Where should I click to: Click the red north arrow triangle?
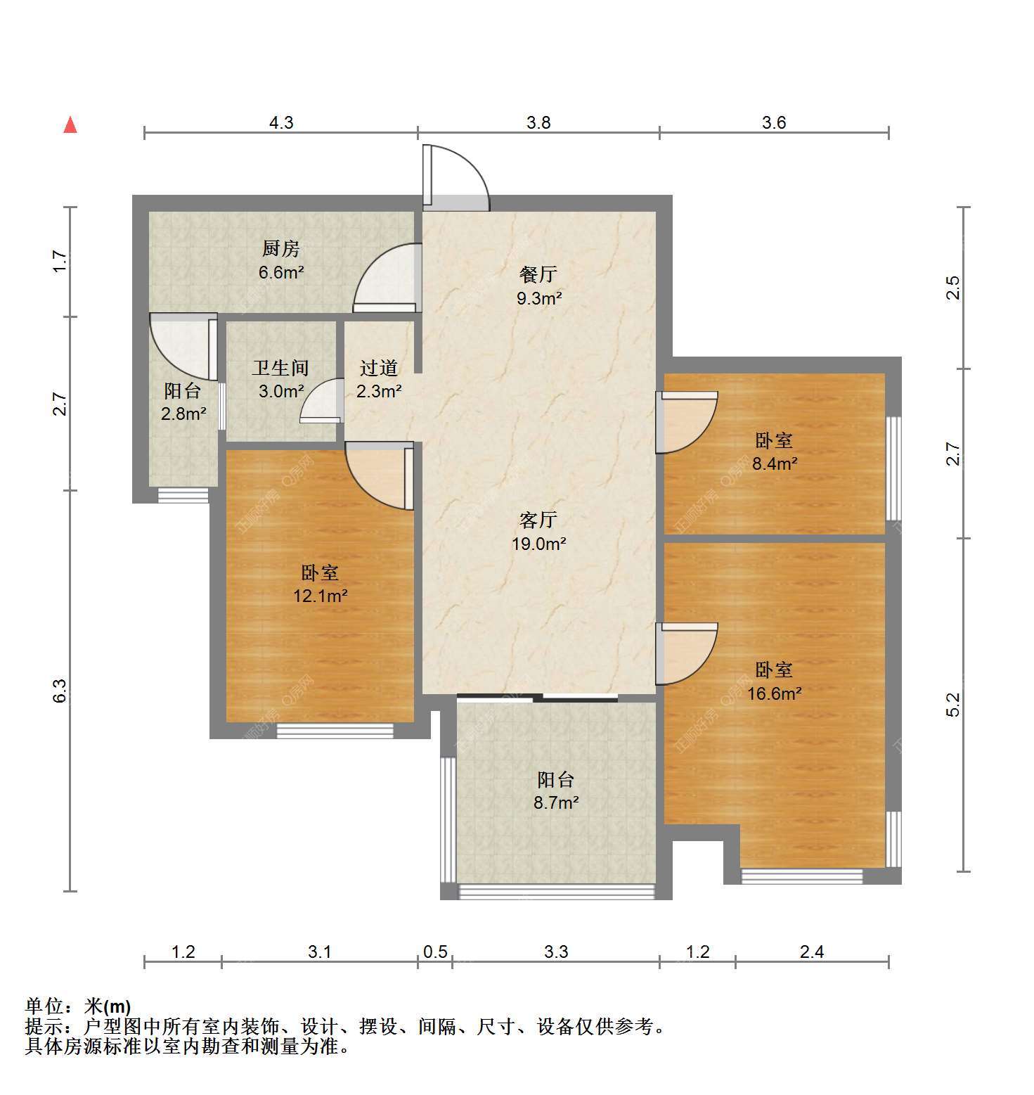click(70, 125)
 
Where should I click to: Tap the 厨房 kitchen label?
click(281, 248)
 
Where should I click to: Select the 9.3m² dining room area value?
click(539, 298)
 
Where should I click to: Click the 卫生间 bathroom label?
click(280, 368)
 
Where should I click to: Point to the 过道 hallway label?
click(379, 368)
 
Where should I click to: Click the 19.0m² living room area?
click(539, 544)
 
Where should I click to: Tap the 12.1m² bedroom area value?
click(321, 596)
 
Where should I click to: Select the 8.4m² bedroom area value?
click(775, 463)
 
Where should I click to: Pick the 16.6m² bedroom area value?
click(775, 693)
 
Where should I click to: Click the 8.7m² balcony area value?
click(556, 802)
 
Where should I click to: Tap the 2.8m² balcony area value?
click(183, 414)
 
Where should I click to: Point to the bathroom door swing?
click(321, 401)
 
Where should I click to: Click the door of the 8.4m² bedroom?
click(686, 422)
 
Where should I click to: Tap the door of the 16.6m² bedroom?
click(686, 654)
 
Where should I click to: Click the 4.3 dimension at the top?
click(281, 122)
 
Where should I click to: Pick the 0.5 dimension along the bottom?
click(435, 952)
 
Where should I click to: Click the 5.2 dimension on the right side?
click(952, 705)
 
